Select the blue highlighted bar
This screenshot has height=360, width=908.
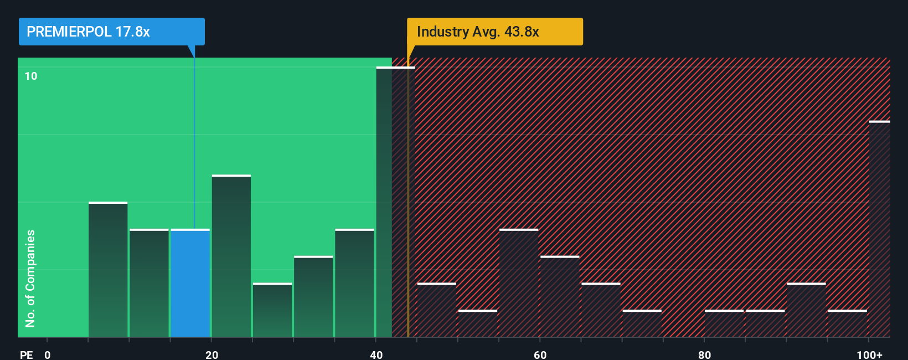[190, 283]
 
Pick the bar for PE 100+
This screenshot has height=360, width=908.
[879, 229]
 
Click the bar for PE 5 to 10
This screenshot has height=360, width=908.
[108, 270]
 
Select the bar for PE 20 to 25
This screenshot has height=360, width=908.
[231, 256]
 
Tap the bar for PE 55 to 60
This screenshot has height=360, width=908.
[518, 283]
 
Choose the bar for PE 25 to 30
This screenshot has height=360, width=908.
[272, 310]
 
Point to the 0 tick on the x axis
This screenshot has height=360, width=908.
[48, 354]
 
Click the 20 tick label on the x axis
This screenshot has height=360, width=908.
[211, 354]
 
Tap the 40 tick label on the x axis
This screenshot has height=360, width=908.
[376, 354]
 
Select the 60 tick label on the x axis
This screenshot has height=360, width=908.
[540, 354]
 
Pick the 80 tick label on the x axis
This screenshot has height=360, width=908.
[704, 354]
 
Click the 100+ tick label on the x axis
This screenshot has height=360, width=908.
[869, 354]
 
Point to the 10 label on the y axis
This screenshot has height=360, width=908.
[31, 76]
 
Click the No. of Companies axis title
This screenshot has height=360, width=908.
[30, 278]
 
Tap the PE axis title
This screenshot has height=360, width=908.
[26, 354]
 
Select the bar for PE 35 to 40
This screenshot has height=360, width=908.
[354, 283]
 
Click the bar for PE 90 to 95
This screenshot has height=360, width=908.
[806, 310]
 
